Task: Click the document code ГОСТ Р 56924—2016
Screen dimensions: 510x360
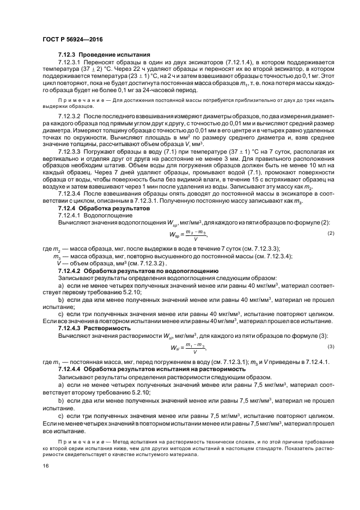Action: (x=72, y=40)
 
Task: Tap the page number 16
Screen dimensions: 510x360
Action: (x=45, y=466)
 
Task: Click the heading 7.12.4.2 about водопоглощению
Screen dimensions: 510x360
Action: (x=138, y=270)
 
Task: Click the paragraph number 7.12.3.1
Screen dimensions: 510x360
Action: (x=69, y=63)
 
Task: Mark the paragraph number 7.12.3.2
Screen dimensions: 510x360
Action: (x=69, y=117)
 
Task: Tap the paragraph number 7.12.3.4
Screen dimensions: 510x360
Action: (x=69, y=195)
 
